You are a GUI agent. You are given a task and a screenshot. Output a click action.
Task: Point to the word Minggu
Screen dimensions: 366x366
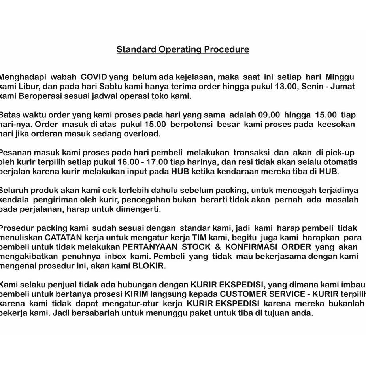click(x=340, y=77)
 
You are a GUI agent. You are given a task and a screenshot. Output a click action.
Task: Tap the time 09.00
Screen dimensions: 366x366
click(x=269, y=115)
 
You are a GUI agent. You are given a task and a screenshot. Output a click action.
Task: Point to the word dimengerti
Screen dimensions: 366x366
click(x=140, y=209)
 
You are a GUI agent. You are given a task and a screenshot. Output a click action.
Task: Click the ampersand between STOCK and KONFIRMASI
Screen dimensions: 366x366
click(x=217, y=247)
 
